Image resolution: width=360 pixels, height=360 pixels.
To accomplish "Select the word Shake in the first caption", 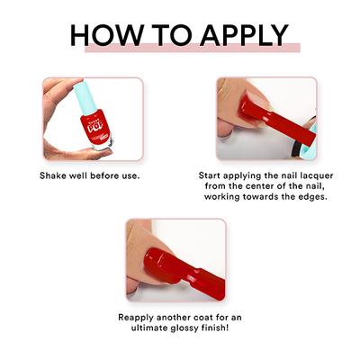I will click(56, 174).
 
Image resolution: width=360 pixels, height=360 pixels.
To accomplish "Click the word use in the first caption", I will click(130, 174).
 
